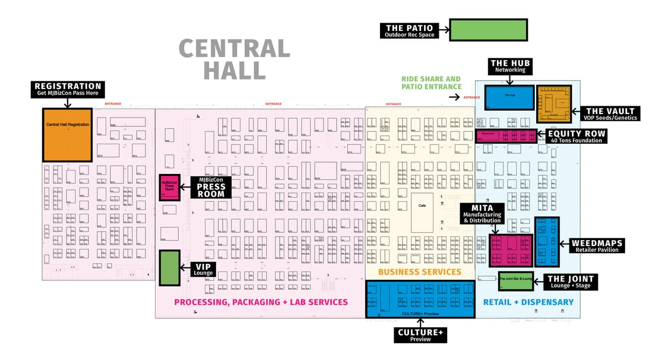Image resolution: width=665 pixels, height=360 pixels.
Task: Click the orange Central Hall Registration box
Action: (x=67, y=134)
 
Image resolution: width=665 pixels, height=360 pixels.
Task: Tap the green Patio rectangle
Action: (x=488, y=30)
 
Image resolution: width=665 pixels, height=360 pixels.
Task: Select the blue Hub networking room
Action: (x=509, y=97)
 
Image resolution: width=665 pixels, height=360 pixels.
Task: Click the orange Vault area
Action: (x=554, y=104)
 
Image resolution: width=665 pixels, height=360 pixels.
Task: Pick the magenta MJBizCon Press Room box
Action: (x=170, y=188)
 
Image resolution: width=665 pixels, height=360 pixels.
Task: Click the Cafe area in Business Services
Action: (x=422, y=213)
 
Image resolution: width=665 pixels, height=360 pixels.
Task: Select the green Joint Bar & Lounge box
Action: (x=515, y=280)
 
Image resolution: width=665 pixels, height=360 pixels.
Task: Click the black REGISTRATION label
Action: (x=68, y=89)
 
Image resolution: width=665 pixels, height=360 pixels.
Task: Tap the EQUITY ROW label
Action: (x=576, y=137)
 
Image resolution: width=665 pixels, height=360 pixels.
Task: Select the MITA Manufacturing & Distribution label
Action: (x=482, y=214)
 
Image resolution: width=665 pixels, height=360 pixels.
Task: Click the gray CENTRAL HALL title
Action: (x=235, y=59)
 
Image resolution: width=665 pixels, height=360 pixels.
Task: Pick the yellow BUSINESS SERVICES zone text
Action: (x=420, y=272)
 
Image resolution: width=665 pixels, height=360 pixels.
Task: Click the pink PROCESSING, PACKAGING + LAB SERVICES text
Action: (x=261, y=302)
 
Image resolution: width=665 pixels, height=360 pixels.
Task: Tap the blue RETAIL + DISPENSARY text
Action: (x=528, y=302)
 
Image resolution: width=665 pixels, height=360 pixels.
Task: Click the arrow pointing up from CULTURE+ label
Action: (x=420, y=324)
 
